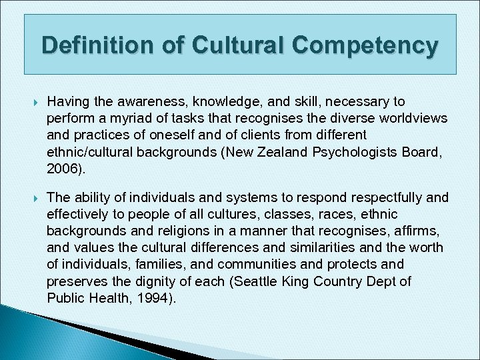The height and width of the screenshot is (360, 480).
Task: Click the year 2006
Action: point(63,169)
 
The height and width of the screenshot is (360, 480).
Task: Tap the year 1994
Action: point(155,298)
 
